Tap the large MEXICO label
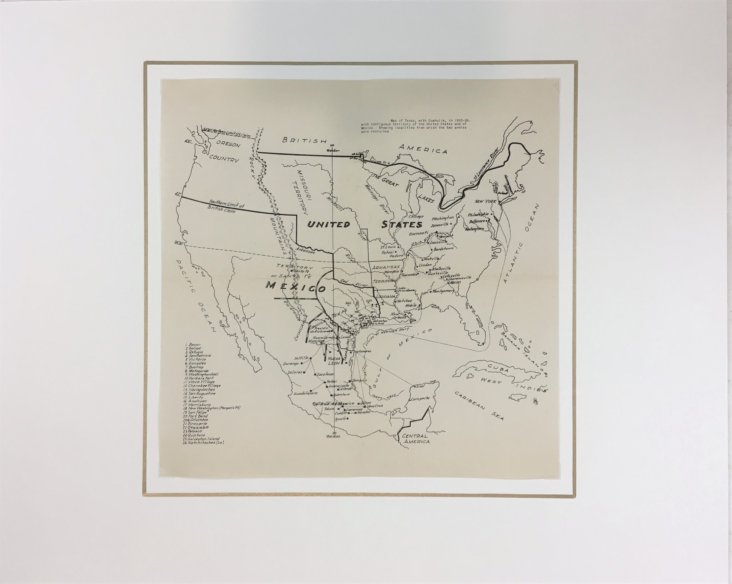pos(296,287)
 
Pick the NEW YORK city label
pos(486,202)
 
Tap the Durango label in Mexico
pos(292,364)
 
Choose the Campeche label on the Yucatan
pos(421,398)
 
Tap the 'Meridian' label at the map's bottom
pos(333,436)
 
